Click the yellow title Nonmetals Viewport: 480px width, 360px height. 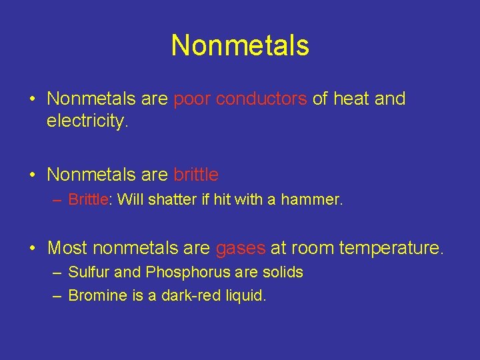coord(240,45)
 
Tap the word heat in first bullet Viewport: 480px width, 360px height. coord(351,99)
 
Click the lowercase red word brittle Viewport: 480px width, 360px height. coord(195,175)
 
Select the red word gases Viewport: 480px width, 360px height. coord(240,249)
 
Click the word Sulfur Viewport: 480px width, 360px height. coord(89,272)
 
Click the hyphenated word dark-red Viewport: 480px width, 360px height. coord(188,295)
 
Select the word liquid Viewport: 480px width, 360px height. coord(245,295)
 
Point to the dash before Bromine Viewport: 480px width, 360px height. coord(56,295)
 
